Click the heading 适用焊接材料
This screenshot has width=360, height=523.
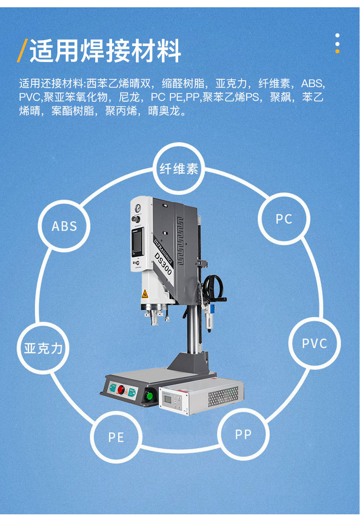tap(105, 51)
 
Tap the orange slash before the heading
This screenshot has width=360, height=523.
tap(22, 51)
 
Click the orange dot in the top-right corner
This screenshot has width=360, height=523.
tap(337, 51)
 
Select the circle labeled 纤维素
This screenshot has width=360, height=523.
tap(179, 169)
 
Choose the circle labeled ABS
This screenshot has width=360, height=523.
tap(64, 226)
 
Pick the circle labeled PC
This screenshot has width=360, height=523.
tap(283, 219)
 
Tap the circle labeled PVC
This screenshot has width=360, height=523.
tap(314, 343)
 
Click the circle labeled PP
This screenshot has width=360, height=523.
tap(243, 434)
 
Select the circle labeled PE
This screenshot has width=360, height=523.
tap(116, 437)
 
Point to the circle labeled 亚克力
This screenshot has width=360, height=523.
tap(43, 348)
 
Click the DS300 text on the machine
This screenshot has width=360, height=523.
tap(163, 263)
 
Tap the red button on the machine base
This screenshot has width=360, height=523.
tap(121, 389)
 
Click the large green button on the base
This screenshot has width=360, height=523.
tap(149, 395)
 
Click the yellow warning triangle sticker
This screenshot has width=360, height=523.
tap(145, 293)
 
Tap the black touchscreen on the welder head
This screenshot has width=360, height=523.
tap(138, 242)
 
